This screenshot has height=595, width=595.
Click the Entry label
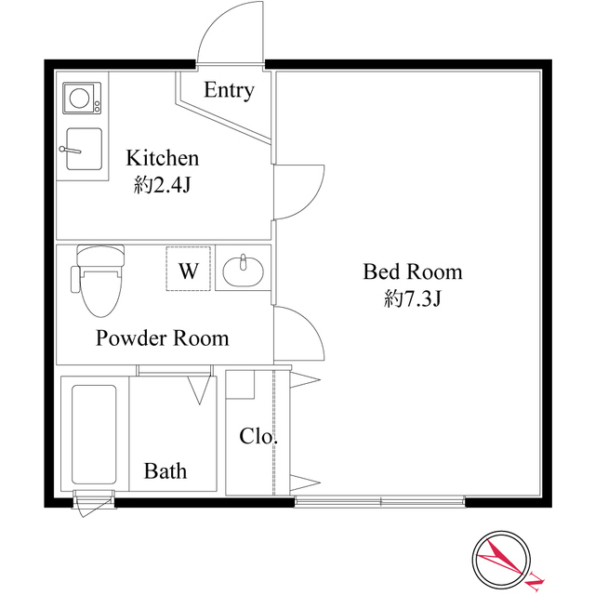tap(228, 90)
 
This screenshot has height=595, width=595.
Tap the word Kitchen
tap(163, 157)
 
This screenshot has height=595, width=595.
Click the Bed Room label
tap(412, 272)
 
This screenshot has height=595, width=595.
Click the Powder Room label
tap(162, 337)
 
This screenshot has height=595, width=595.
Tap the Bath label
tap(165, 471)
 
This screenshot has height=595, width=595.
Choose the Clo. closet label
tap(259, 435)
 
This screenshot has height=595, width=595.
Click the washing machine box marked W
tap(189, 271)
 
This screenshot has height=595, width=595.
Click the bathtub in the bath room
tap(94, 433)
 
